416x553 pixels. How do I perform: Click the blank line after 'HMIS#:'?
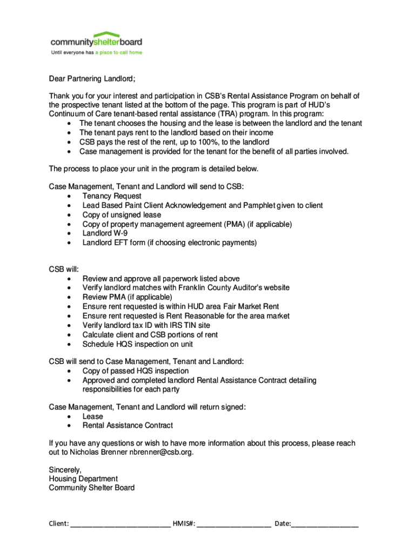click(x=234, y=524)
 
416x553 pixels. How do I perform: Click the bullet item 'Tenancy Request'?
click(x=112, y=196)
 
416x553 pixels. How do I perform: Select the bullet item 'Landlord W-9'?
click(x=105, y=233)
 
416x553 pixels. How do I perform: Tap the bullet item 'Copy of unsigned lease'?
click(x=122, y=215)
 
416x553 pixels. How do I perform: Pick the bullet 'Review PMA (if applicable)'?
click(x=127, y=297)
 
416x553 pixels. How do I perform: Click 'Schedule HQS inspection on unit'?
click(x=137, y=344)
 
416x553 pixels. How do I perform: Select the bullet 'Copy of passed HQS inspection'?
click(x=136, y=371)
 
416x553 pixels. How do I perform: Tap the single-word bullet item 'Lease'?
click(x=92, y=416)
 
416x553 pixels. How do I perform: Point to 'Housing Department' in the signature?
click(x=83, y=479)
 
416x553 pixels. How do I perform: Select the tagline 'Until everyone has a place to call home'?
click(x=96, y=53)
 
